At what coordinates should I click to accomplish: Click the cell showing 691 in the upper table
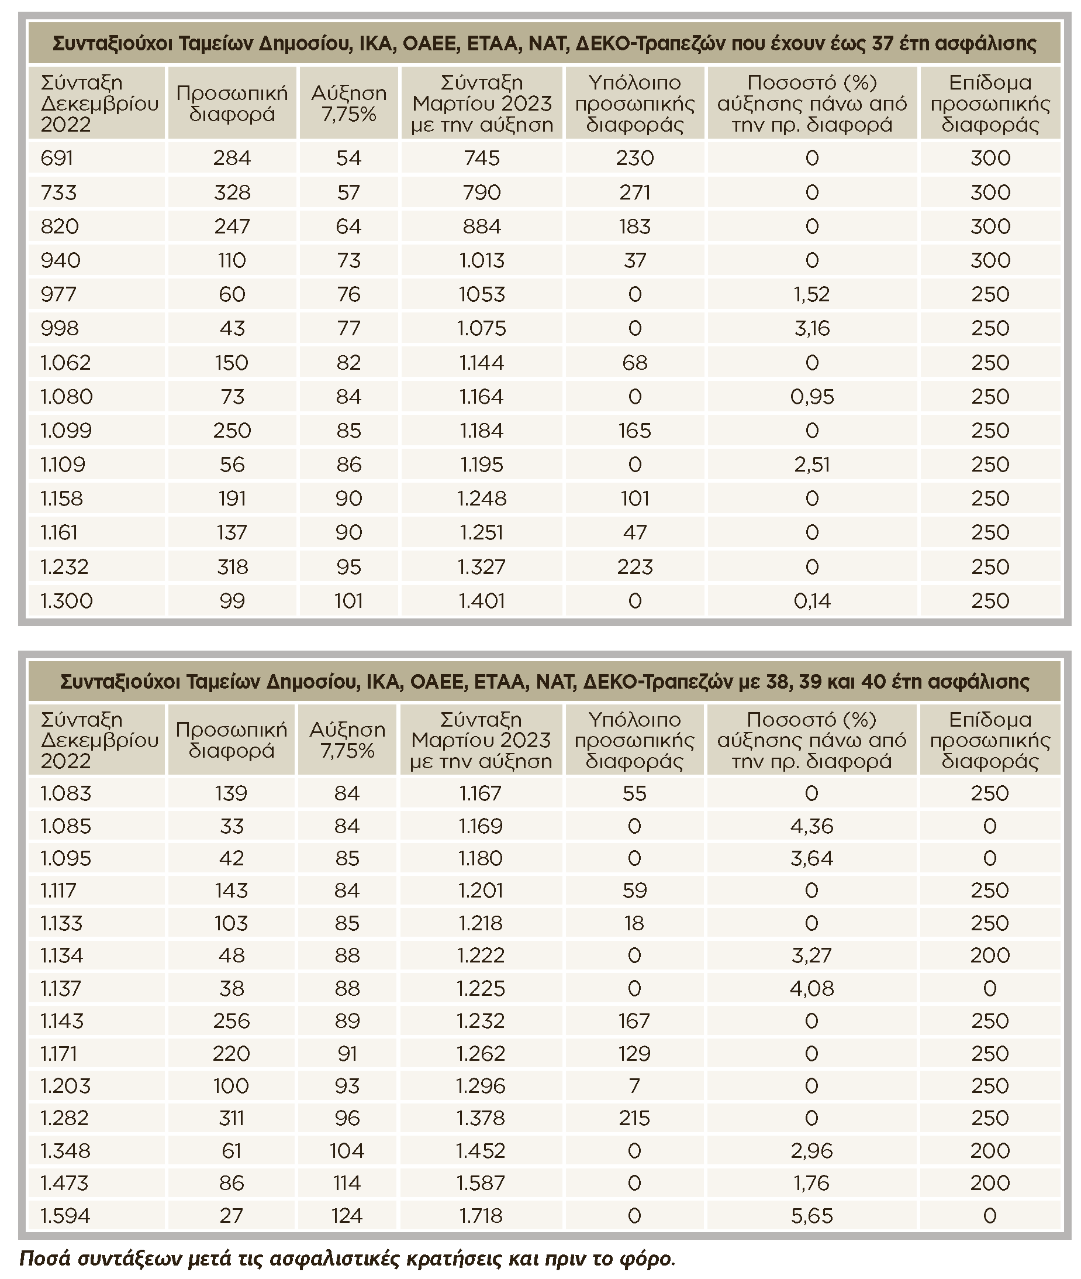pos(57,158)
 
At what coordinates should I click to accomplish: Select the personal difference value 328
pos(232,192)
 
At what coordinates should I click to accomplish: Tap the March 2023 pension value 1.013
pos(482,260)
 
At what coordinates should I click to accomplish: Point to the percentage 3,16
pos(811,329)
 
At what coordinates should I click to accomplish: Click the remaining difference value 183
pos(634,227)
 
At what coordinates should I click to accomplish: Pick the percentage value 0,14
pos(811,601)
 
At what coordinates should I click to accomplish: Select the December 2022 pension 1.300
pos(66,601)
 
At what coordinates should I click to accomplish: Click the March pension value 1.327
pos(482,567)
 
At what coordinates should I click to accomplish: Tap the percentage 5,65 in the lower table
pos(811,1215)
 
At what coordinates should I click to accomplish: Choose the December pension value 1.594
pos(65,1215)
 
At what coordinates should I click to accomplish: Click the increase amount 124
pos(347,1215)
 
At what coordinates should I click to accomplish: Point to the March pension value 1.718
pos(481,1215)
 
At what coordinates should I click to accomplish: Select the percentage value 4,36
pos(811,826)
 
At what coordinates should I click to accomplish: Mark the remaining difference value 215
pos(634,1118)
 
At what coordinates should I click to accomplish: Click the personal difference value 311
pos(231,1118)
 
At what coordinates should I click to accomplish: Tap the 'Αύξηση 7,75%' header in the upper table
pos(348,104)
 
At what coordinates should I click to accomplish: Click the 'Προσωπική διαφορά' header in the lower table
pos(231,740)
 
